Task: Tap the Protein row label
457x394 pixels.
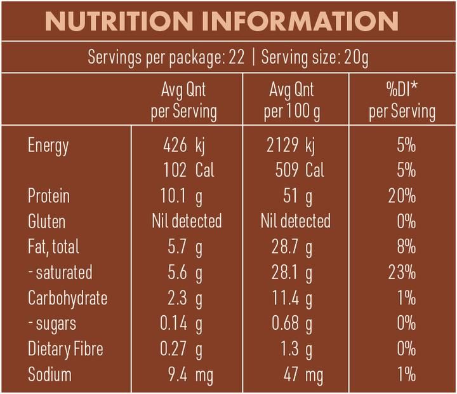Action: (x=48, y=196)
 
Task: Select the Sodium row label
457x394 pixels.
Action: (x=50, y=374)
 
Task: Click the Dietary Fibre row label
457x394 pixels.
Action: (x=65, y=349)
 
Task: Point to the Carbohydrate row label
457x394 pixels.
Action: (x=67, y=298)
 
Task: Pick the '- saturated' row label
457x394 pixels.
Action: (x=60, y=273)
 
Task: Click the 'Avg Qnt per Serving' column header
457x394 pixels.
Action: (x=183, y=100)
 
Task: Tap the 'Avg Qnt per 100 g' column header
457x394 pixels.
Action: (x=291, y=100)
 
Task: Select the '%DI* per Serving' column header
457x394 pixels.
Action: (x=402, y=100)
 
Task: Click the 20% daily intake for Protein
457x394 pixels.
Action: (x=401, y=196)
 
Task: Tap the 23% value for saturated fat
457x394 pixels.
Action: (x=401, y=273)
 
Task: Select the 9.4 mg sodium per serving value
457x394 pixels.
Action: (x=189, y=374)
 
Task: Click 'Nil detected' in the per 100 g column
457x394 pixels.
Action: (x=295, y=221)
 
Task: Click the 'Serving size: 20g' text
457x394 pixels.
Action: (x=315, y=58)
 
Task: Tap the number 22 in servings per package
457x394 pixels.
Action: (x=236, y=58)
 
